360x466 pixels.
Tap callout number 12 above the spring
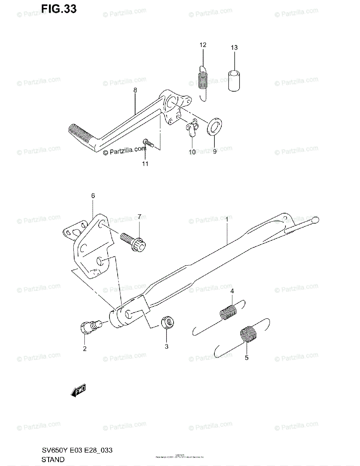click(x=202, y=45)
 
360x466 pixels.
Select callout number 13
click(x=234, y=48)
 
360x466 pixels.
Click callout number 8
click(x=135, y=90)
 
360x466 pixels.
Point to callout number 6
click(x=93, y=196)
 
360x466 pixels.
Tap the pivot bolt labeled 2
click(x=90, y=327)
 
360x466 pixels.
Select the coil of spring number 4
click(x=229, y=313)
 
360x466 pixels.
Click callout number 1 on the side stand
click(x=227, y=219)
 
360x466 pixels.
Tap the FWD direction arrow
click(x=78, y=391)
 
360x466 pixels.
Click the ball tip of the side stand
click(x=315, y=220)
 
